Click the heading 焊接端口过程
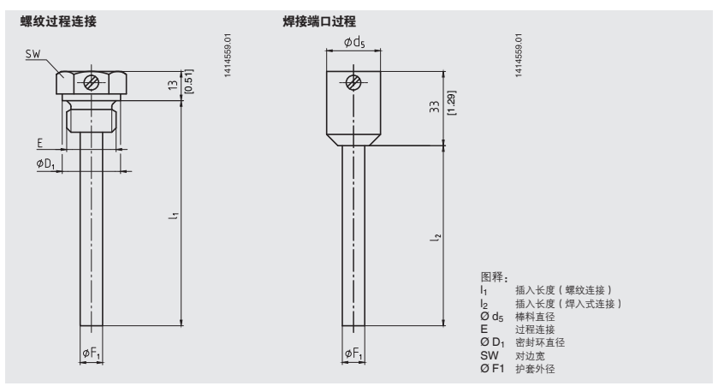[x=318, y=21]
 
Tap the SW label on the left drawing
[x=33, y=55]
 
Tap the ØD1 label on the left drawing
[x=45, y=163]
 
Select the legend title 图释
[x=495, y=277]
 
